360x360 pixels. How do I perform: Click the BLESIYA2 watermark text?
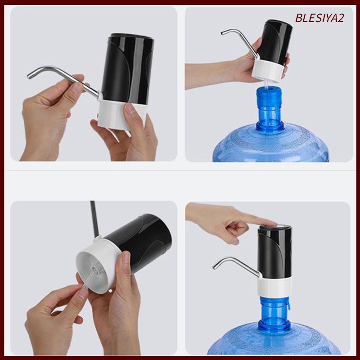click(x=319, y=18)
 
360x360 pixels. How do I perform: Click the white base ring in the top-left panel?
click(x=115, y=115)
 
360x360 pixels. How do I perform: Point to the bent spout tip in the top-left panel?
click(x=29, y=76)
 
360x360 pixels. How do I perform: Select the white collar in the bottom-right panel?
click(x=275, y=285)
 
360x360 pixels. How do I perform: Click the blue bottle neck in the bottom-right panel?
click(x=273, y=313)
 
